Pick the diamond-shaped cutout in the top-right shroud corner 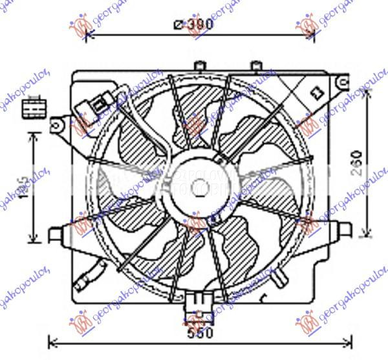point(316,92)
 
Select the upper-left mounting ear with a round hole point(58,122)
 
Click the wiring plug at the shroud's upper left point(92,105)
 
